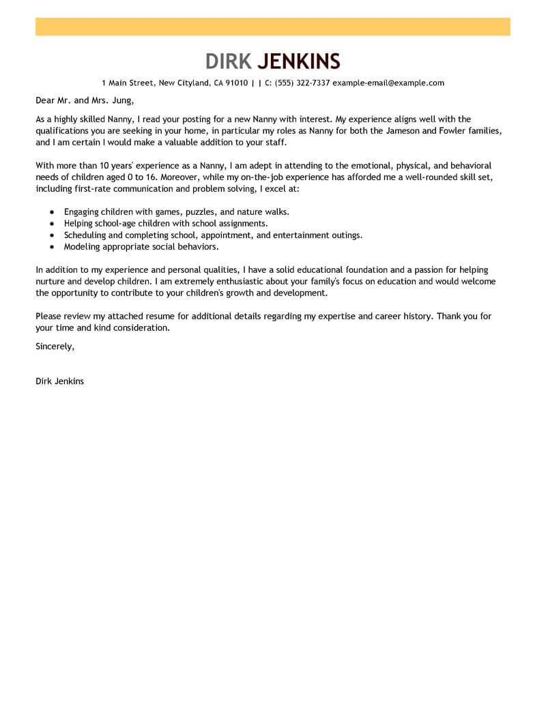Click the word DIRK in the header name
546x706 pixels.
(x=229, y=61)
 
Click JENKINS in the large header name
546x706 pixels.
(x=299, y=61)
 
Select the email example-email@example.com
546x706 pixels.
(x=388, y=83)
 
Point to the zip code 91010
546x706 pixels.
(x=236, y=83)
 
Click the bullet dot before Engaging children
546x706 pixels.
(x=52, y=212)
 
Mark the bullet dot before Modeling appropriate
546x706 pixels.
(x=52, y=247)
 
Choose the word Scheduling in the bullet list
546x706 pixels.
(x=85, y=235)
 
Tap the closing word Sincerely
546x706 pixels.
(x=54, y=346)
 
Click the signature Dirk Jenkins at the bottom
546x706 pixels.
(x=59, y=381)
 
